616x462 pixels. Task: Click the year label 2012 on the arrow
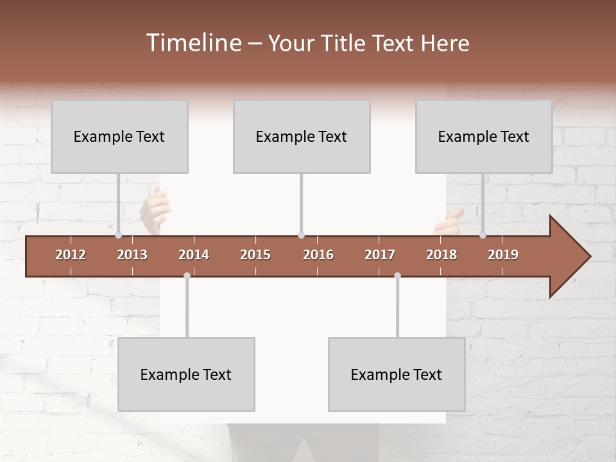[71, 255]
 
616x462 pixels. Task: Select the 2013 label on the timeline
[132, 255]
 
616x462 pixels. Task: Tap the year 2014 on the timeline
[194, 255]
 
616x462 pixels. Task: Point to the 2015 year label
[255, 255]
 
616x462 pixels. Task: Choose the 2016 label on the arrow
[318, 255]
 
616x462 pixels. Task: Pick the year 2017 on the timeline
[380, 255]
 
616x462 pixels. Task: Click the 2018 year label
[441, 255]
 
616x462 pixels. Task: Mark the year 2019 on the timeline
[503, 255]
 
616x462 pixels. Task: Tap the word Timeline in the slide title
[193, 43]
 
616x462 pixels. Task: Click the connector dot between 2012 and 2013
[118, 235]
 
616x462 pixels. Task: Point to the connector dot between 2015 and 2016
[301, 235]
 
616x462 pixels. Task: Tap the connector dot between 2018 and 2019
[483, 235]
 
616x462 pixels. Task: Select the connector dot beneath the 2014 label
[187, 275]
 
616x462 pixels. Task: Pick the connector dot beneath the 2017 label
[397, 275]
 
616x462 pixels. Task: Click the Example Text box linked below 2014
[186, 374]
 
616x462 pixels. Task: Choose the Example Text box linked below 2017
[397, 374]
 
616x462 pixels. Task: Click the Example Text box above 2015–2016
[302, 136]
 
